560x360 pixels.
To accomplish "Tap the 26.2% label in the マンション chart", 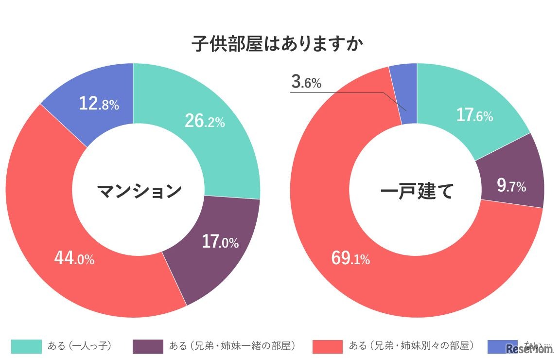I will point(204,121).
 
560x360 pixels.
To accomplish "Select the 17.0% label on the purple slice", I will point(220,241).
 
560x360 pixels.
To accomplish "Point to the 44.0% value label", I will point(74,258).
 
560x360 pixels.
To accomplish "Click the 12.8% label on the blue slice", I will point(99,103).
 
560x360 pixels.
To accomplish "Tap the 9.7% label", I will point(511,185).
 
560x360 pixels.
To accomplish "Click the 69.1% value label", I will point(350,258).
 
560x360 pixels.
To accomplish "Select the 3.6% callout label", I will point(306,83).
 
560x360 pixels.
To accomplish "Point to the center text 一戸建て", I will point(417,191).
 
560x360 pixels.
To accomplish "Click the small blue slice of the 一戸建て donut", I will point(406,92).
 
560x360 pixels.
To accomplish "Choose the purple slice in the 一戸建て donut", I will point(510,170).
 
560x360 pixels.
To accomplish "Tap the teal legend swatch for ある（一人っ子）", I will point(26,346).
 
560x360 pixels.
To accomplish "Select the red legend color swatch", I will point(328,346).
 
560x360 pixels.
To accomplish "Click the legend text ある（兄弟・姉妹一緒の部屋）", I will point(232,346).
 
